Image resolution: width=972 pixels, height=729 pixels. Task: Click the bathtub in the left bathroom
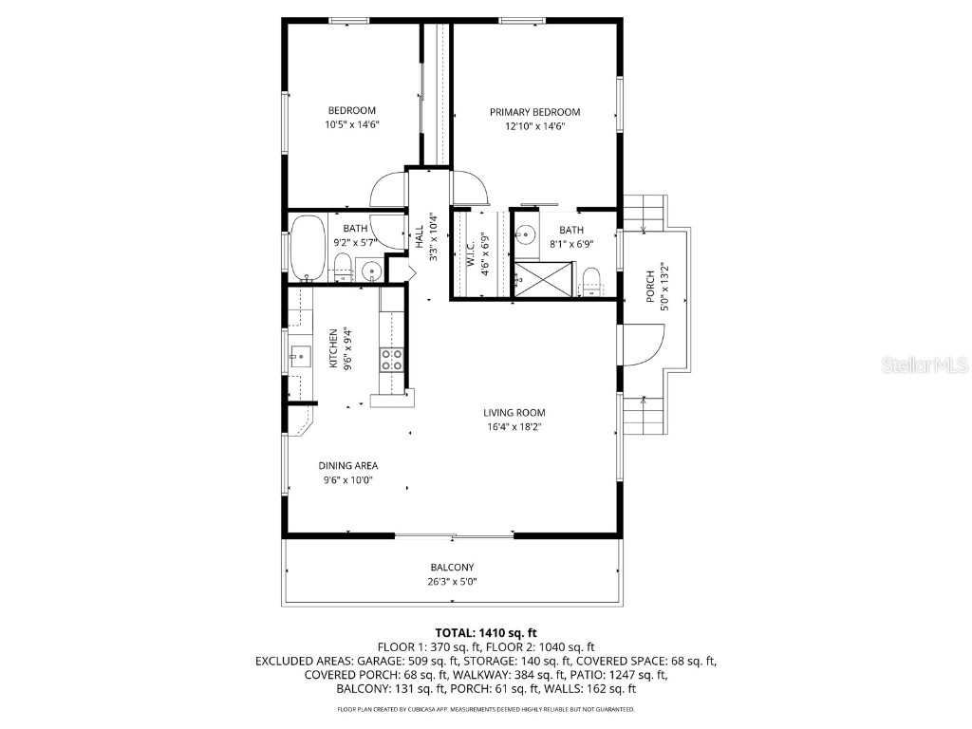click(x=307, y=249)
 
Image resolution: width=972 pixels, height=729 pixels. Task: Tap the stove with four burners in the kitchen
click(x=391, y=359)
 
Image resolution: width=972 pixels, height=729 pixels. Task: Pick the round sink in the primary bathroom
click(x=525, y=234)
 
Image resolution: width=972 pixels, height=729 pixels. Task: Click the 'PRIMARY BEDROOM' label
click(x=534, y=112)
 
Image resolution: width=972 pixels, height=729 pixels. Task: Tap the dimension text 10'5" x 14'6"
click(x=351, y=124)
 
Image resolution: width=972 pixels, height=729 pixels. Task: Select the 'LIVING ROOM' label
click(x=514, y=413)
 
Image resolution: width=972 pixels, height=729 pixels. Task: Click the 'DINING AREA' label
click(x=347, y=466)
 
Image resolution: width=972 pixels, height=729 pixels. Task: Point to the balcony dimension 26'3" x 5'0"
click(x=452, y=582)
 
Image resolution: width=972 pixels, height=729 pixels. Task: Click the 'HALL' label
click(x=420, y=237)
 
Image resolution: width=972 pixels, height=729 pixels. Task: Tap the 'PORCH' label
click(x=650, y=285)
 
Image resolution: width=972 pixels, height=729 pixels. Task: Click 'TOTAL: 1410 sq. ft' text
click(x=486, y=632)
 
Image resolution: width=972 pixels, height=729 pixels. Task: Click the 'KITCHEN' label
click(x=333, y=349)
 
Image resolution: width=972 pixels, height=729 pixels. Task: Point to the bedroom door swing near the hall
click(x=388, y=190)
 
